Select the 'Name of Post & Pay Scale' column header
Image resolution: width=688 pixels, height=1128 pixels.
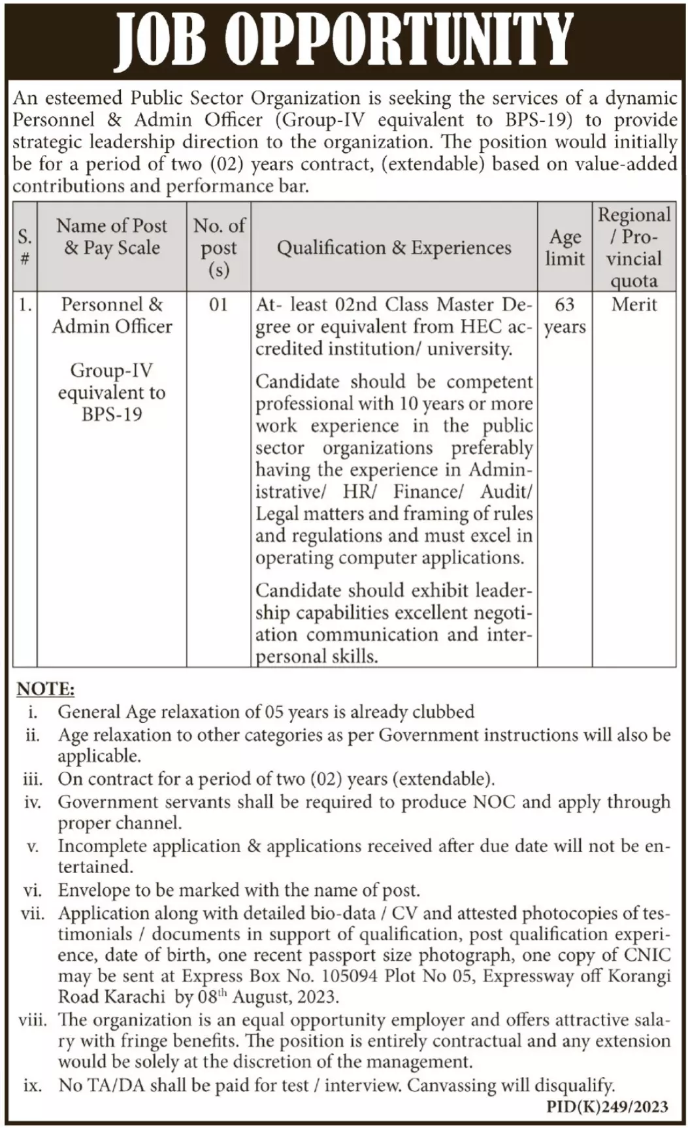[112, 237]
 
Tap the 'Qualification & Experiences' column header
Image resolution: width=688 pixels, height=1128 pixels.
[394, 248]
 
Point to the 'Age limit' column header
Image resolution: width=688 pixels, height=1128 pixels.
[565, 247]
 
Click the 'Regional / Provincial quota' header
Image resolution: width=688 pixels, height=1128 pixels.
[634, 247]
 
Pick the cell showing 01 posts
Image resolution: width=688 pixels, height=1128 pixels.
[219, 305]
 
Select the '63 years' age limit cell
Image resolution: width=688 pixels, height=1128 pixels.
[565, 315]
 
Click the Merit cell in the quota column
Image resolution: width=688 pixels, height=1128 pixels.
[634, 305]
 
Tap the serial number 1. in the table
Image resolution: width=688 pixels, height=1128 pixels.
[24, 305]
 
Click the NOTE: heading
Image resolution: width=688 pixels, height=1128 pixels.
[46, 689]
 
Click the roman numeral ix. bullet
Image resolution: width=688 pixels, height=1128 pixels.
[32, 1086]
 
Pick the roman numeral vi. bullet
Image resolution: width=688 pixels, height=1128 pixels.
[32, 890]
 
